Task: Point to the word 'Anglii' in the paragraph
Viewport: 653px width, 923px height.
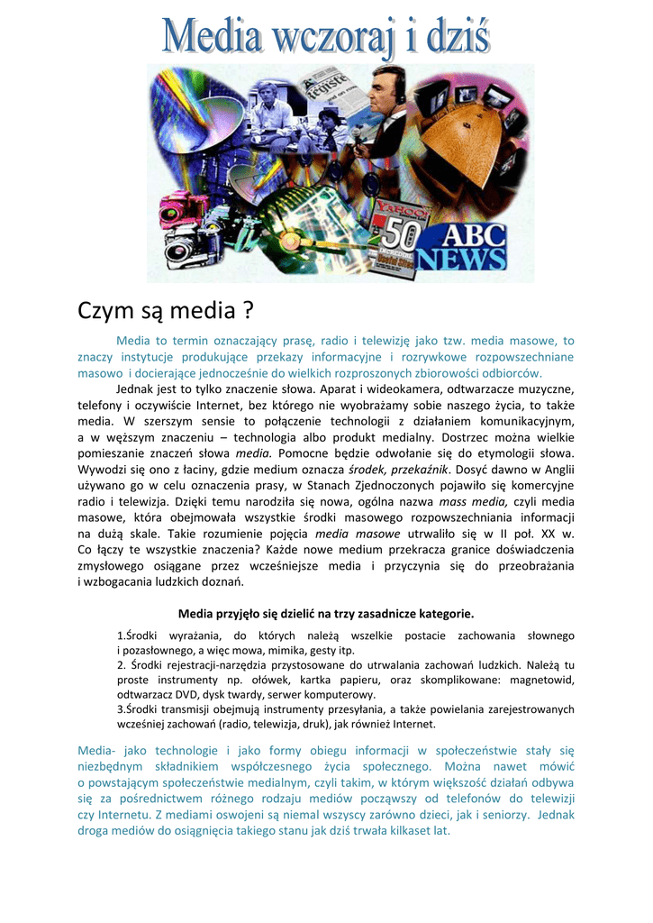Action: pyautogui.click(x=556, y=470)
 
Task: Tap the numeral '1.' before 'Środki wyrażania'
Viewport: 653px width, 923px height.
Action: pyautogui.click(x=122, y=636)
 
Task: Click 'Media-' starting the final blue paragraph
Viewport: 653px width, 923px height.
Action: pyautogui.click(x=96, y=750)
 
